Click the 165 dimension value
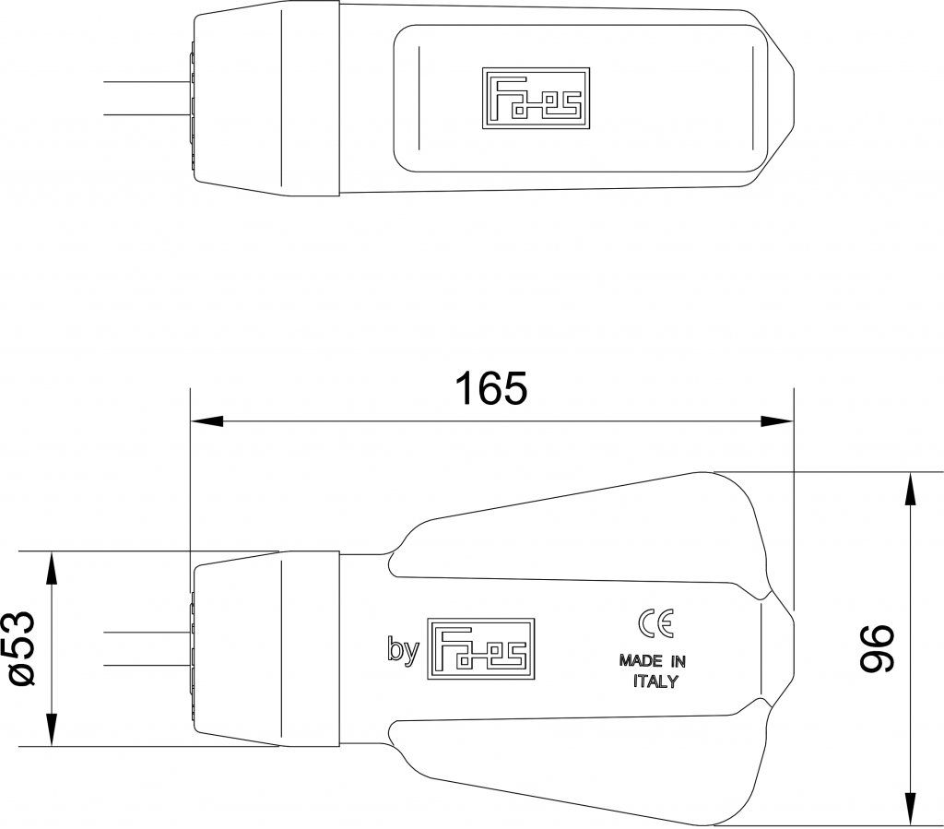[x=491, y=389]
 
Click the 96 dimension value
[x=877, y=648]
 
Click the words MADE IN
[x=652, y=660]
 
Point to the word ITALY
[x=655, y=682]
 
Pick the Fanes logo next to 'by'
[x=481, y=648]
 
